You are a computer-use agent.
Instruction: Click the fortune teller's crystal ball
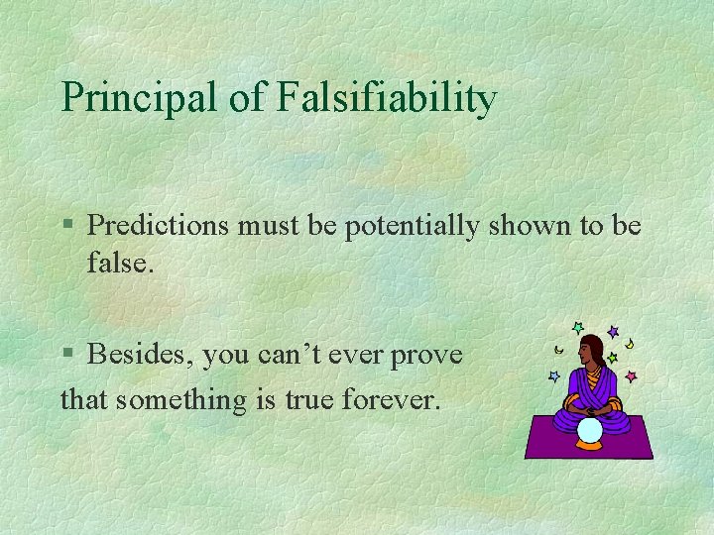pyautogui.click(x=590, y=430)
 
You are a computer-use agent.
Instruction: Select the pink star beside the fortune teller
pyautogui.click(x=631, y=376)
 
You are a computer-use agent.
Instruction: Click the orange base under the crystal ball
pyautogui.click(x=590, y=445)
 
